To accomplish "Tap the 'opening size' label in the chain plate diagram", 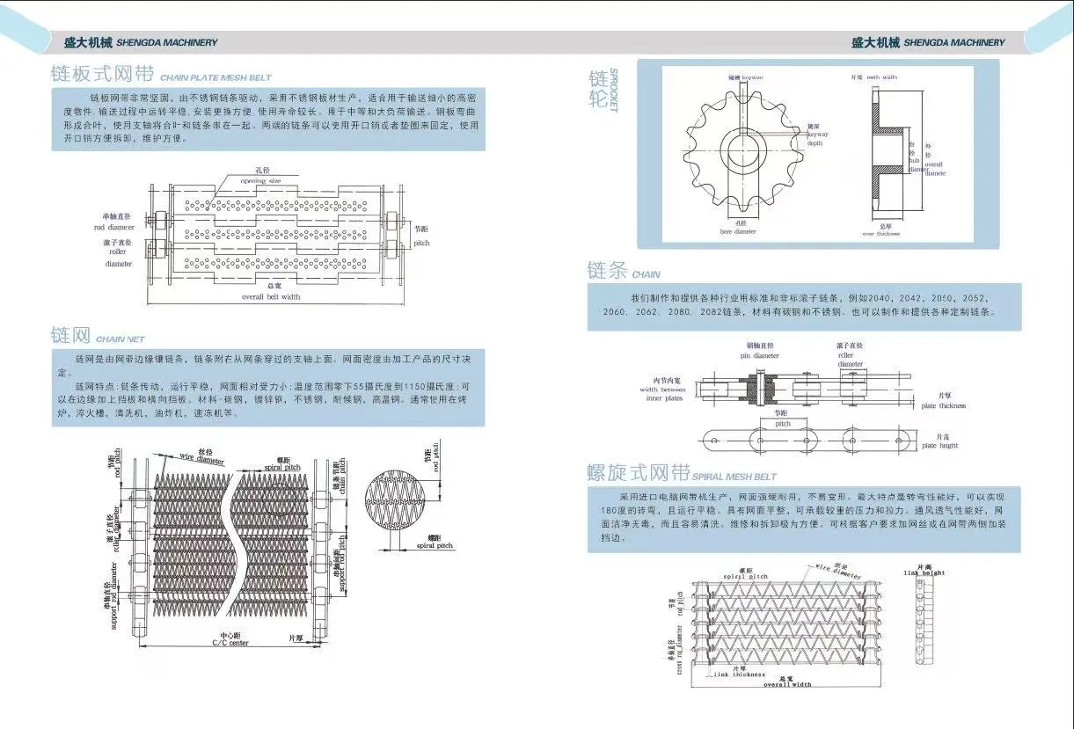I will pyautogui.click(x=262, y=180).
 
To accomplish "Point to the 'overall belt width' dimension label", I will pyautogui.click(x=271, y=296).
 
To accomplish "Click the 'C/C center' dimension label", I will pyautogui.click(x=230, y=643).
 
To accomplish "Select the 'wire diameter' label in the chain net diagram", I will pyautogui.click(x=201, y=457).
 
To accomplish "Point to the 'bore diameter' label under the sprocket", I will pyautogui.click(x=738, y=231).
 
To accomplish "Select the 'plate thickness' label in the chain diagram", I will pyautogui.click(x=943, y=405).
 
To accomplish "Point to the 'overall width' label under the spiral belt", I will pyautogui.click(x=786, y=684).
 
